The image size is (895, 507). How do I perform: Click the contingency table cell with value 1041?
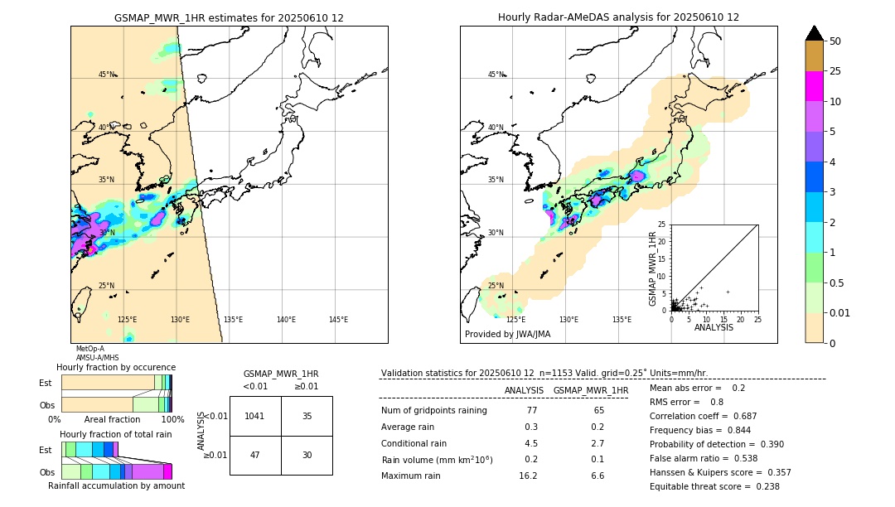click(255, 416)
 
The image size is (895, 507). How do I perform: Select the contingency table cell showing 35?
click(307, 416)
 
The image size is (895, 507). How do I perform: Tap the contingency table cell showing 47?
click(255, 455)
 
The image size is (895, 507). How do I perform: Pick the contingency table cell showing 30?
click(307, 455)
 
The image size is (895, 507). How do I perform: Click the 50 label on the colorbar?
click(835, 41)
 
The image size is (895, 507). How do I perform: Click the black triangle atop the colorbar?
click(815, 33)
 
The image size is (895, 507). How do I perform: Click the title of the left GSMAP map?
click(229, 17)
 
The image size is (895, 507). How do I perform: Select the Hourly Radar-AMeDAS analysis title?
click(618, 17)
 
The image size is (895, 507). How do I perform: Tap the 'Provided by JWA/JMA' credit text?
click(507, 335)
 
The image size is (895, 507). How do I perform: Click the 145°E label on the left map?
click(338, 320)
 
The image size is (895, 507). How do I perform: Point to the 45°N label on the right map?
click(496, 75)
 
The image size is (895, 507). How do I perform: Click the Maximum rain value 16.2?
click(528, 476)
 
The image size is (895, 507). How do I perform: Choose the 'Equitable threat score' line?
click(714, 486)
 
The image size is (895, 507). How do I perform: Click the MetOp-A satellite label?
click(90, 349)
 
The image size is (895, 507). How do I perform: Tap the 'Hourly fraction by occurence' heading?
click(116, 367)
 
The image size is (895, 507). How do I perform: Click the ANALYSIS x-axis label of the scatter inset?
click(714, 327)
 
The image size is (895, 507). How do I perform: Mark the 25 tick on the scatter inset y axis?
click(662, 225)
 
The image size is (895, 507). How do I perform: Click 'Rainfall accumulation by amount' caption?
click(116, 485)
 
